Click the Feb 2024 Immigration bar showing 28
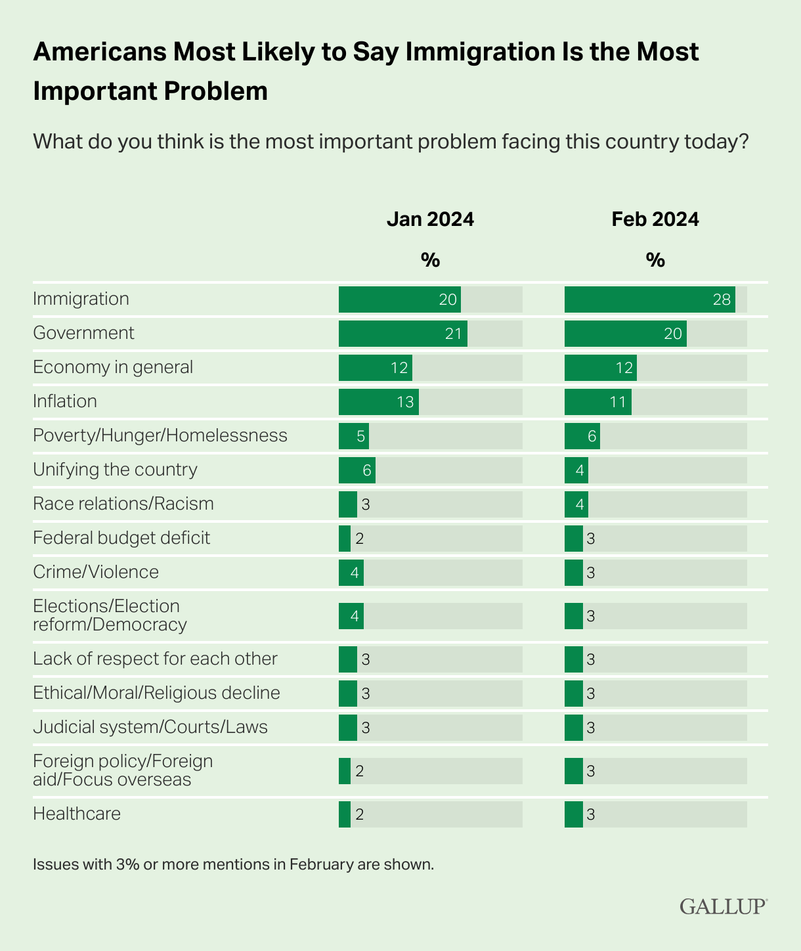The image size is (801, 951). [649, 299]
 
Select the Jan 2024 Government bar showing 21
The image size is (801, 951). [402, 334]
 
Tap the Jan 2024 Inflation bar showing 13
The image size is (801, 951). [378, 402]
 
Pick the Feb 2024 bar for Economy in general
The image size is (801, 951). [600, 368]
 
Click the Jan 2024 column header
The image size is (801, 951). [430, 219]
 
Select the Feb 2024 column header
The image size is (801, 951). [655, 219]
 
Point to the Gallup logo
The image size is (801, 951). [723, 906]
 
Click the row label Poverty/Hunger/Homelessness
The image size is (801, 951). [160, 435]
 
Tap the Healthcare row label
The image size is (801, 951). [77, 814]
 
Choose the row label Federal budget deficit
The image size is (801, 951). [121, 538]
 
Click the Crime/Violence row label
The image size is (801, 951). [96, 572]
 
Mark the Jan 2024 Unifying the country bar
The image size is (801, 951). [357, 470]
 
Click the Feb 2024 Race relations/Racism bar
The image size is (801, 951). [576, 504]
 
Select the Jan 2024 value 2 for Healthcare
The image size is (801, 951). [359, 814]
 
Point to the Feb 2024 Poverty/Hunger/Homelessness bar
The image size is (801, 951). [582, 436]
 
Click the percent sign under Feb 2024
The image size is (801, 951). [655, 261]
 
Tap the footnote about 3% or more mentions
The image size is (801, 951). [233, 864]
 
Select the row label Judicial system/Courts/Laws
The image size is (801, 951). [150, 727]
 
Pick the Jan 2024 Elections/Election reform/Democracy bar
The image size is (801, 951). [351, 616]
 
